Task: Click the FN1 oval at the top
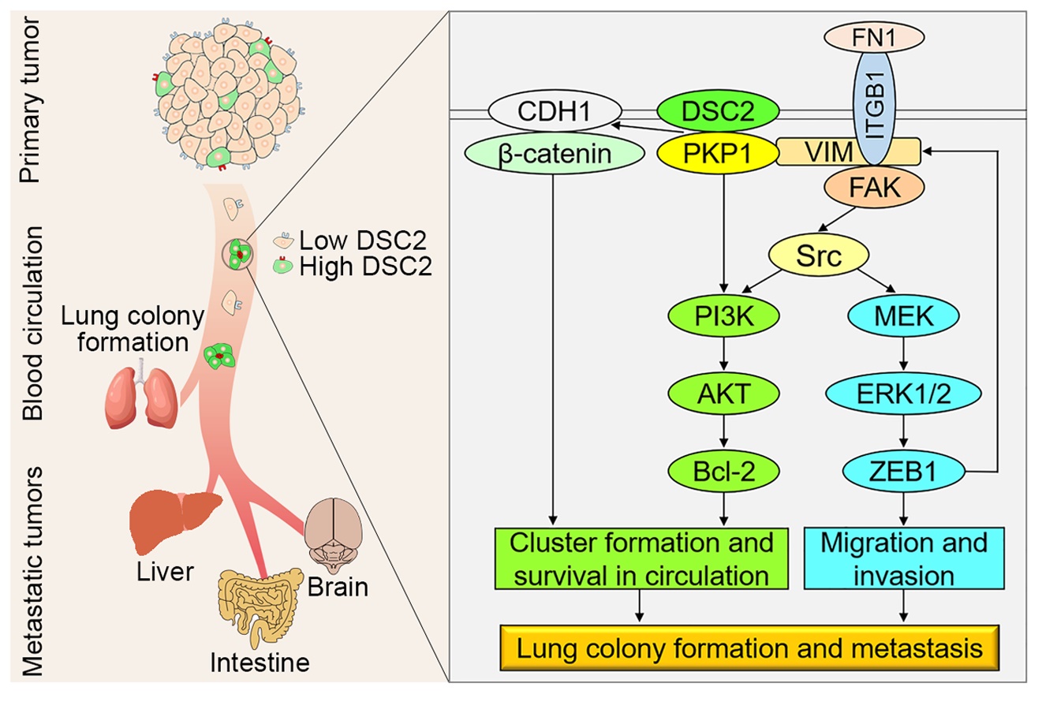point(874,37)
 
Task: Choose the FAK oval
point(874,187)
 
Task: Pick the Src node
point(819,255)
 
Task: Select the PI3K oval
point(723,315)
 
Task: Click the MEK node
point(903,315)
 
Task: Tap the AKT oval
point(723,393)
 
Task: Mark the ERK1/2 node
point(903,393)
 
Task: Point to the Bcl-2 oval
point(723,471)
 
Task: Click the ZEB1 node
point(903,471)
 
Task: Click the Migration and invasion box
point(903,558)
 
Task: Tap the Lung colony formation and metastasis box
point(749,648)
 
